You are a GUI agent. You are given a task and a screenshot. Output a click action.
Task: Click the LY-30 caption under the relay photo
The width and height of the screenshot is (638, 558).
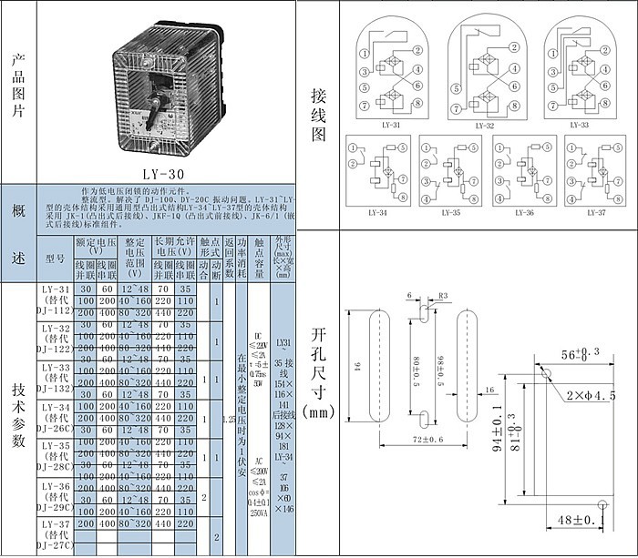pos(170,170)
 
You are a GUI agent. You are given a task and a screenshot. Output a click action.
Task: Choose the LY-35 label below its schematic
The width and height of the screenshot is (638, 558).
pos(450,212)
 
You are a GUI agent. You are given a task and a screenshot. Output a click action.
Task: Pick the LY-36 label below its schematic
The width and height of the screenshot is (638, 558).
pos(523,212)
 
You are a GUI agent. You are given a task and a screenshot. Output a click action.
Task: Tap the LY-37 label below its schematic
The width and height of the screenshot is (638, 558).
pos(595,212)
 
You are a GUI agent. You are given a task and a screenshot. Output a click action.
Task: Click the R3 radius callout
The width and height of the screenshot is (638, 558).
pos(444,296)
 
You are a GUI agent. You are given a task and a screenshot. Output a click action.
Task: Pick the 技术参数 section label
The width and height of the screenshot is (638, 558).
pos(17,414)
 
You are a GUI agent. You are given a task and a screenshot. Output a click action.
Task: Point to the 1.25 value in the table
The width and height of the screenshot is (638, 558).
pos(229,420)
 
